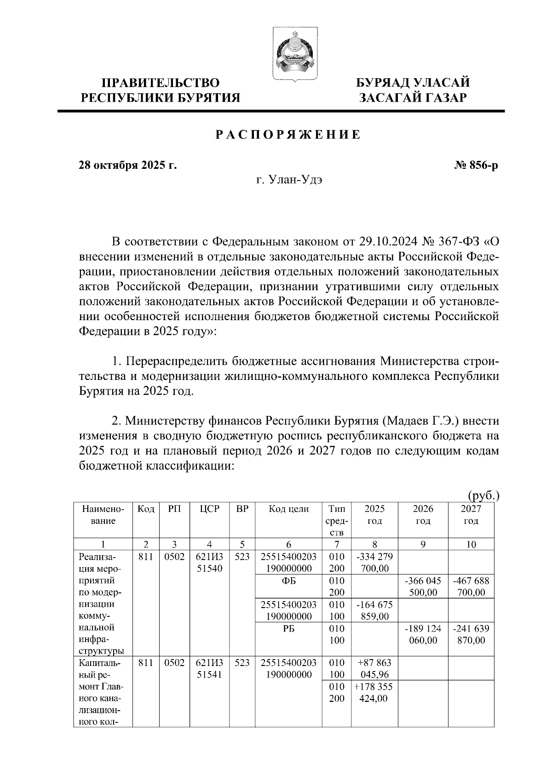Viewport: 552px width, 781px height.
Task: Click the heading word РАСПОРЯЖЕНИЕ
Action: (288, 135)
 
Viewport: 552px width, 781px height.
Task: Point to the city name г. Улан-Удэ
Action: (289, 180)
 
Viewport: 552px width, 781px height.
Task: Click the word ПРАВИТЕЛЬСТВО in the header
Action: (160, 83)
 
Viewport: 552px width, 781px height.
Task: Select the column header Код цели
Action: (288, 509)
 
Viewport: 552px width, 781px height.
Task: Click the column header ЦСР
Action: (209, 509)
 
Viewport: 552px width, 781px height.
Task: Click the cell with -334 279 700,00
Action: (374, 563)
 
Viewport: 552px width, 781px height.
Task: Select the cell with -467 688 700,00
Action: (471, 586)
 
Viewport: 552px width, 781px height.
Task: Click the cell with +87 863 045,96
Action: (374, 669)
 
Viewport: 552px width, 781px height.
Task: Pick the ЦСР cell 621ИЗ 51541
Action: (209, 669)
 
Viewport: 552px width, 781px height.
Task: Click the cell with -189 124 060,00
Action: (423, 634)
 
